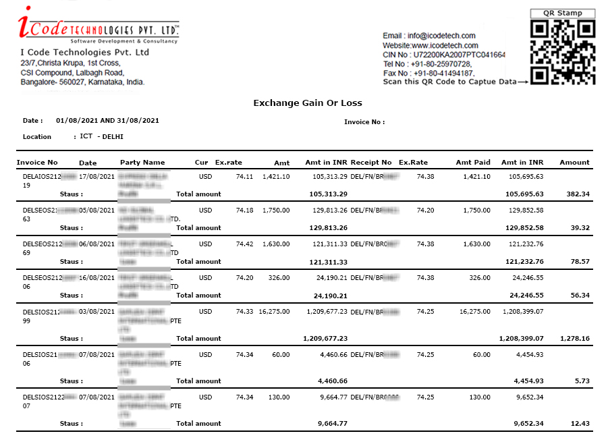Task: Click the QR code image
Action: point(563,52)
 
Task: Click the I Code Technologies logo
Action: point(99,26)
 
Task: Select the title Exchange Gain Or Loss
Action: point(308,103)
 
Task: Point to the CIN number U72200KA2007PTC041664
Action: point(460,55)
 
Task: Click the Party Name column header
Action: point(142,163)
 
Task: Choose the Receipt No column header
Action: point(371,163)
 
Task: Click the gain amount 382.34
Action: point(578,194)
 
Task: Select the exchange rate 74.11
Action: point(244,177)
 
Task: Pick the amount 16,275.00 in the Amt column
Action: point(274,312)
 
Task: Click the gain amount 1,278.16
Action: point(575,339)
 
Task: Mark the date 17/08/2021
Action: point(98,177)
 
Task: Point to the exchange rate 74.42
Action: point(244,244)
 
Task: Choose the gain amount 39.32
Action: point(580,228)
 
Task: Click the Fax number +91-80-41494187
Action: point(443,74)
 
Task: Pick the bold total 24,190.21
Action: point(331,296)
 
